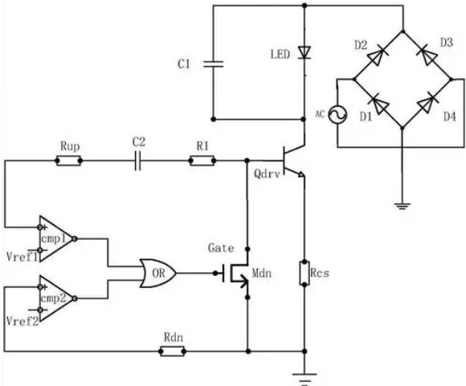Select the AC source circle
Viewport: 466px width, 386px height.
click(x=337, y=114)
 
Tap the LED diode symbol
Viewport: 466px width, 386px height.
click(x=304, y=52)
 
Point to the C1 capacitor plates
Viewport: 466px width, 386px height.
click(x=213, y=64)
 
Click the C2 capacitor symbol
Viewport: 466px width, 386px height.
click(x=137, y=161)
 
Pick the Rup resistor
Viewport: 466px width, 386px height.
click(x=68, y=161)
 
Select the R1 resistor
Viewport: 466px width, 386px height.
click(x=202, y=161)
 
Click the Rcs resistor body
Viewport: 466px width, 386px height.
click(x=304, y=273)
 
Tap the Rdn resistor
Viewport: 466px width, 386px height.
click(x=173, y=351)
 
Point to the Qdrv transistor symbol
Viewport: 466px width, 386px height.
click(x=292, y=161)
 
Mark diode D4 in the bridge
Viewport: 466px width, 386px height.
click(x=428, y=103)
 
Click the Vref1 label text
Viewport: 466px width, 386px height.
click(x=22, y=257)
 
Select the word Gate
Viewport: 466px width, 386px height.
click(x=221, y=248)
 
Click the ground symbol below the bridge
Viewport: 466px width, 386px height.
click(x=402, y=206)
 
